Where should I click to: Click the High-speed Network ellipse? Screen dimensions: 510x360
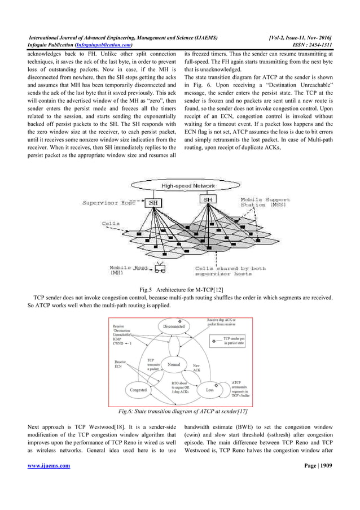tap(180, 186)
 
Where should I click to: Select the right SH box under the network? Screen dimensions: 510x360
tap(208, 200)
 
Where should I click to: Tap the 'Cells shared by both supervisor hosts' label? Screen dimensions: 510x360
tap(230, 271)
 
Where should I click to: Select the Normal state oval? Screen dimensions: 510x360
tap(173, 364)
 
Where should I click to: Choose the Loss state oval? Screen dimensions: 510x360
tap(208, 389)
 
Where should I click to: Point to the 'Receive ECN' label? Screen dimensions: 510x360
tap(120, 364)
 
